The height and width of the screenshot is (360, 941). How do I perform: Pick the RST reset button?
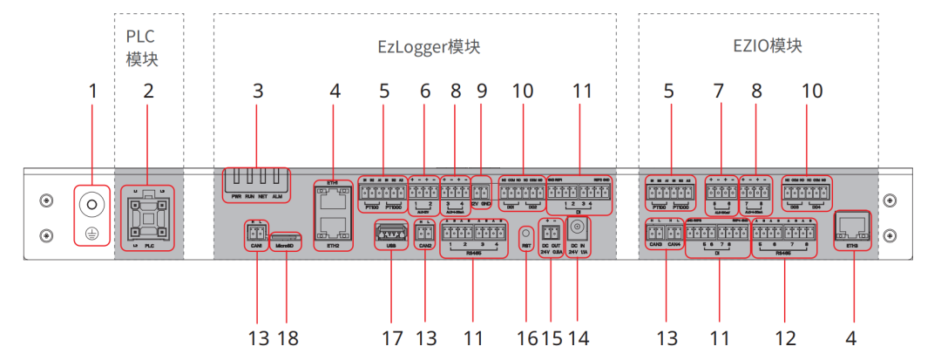[526, 234]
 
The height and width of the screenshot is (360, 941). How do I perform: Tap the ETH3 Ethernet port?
[851, 224]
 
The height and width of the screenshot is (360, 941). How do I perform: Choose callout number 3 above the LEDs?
[257, 90]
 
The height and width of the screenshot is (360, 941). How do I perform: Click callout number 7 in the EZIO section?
[719, 90]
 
